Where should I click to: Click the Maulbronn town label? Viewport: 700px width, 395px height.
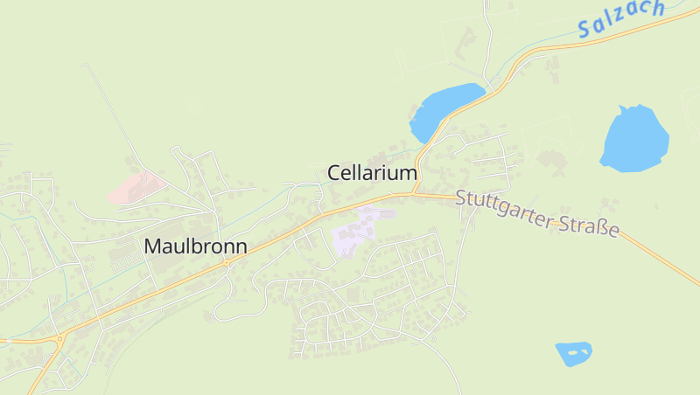point(195,246)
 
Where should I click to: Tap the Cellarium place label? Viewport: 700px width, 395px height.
point(372,173)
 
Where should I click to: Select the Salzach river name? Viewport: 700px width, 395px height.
point(622,18)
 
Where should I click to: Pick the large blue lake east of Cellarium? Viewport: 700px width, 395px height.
point(634,138)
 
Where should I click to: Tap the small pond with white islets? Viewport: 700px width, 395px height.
point(573,353)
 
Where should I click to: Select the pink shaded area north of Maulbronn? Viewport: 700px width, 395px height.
point(136,187)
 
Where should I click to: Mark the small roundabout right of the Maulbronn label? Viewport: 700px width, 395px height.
point(227,261)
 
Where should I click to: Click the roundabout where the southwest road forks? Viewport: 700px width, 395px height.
point(59,337)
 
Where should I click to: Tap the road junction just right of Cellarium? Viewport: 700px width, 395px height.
point(416,193)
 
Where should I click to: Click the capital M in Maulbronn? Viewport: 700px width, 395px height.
point(152,246)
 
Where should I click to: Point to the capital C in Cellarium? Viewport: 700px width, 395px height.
point(334,173)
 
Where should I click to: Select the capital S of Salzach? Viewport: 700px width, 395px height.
point(584,31)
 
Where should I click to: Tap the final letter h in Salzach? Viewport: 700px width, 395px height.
point(658,8)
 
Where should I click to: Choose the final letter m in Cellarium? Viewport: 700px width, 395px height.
point(409,173)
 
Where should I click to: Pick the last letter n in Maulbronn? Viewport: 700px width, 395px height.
point(241,246)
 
